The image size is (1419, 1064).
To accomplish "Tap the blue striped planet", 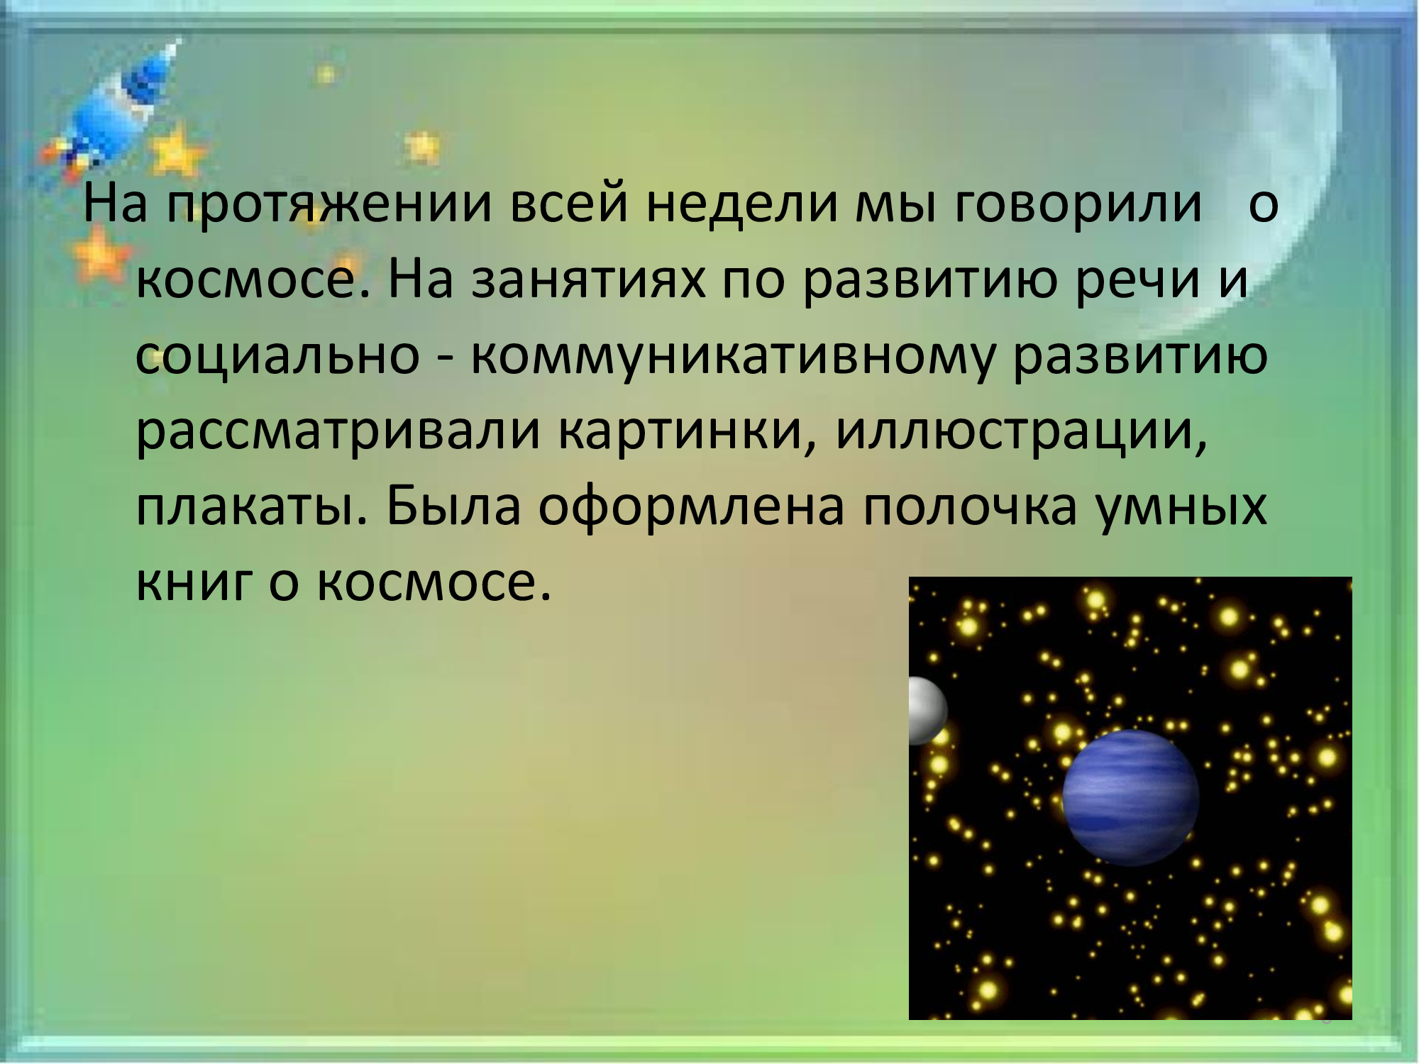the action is click(x=1131, y=797).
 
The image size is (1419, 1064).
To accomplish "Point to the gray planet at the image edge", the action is click(x=928, y=711).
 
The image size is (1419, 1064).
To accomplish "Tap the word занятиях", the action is click(x=589, y=280).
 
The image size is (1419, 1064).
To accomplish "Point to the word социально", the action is click(x=277, y=355).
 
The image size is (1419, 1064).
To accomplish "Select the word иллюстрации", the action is click(x=1021, y=433).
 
